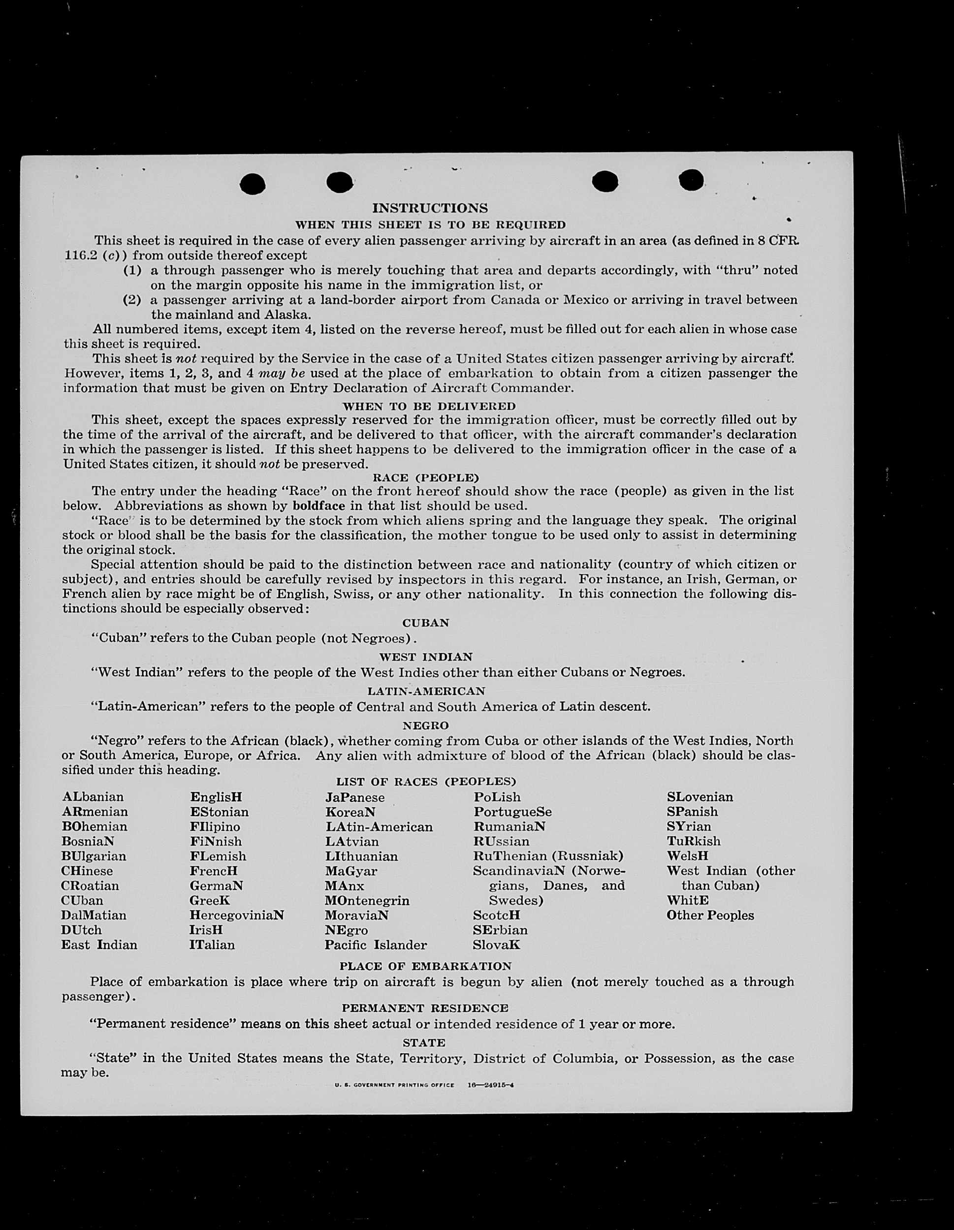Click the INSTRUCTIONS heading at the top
430,208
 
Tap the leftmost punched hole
253,184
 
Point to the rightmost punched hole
691,180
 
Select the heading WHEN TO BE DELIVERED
429,406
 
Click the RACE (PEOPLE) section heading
425,478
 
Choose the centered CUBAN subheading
425,623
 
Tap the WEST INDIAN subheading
425,657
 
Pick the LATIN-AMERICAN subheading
426,691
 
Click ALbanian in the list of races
93,797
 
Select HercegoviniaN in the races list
236,915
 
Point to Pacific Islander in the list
376,945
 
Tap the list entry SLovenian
700,797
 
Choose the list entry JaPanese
355,797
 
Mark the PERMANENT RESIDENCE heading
425,1008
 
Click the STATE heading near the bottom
423,1043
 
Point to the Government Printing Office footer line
423,1085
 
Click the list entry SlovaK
496,945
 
